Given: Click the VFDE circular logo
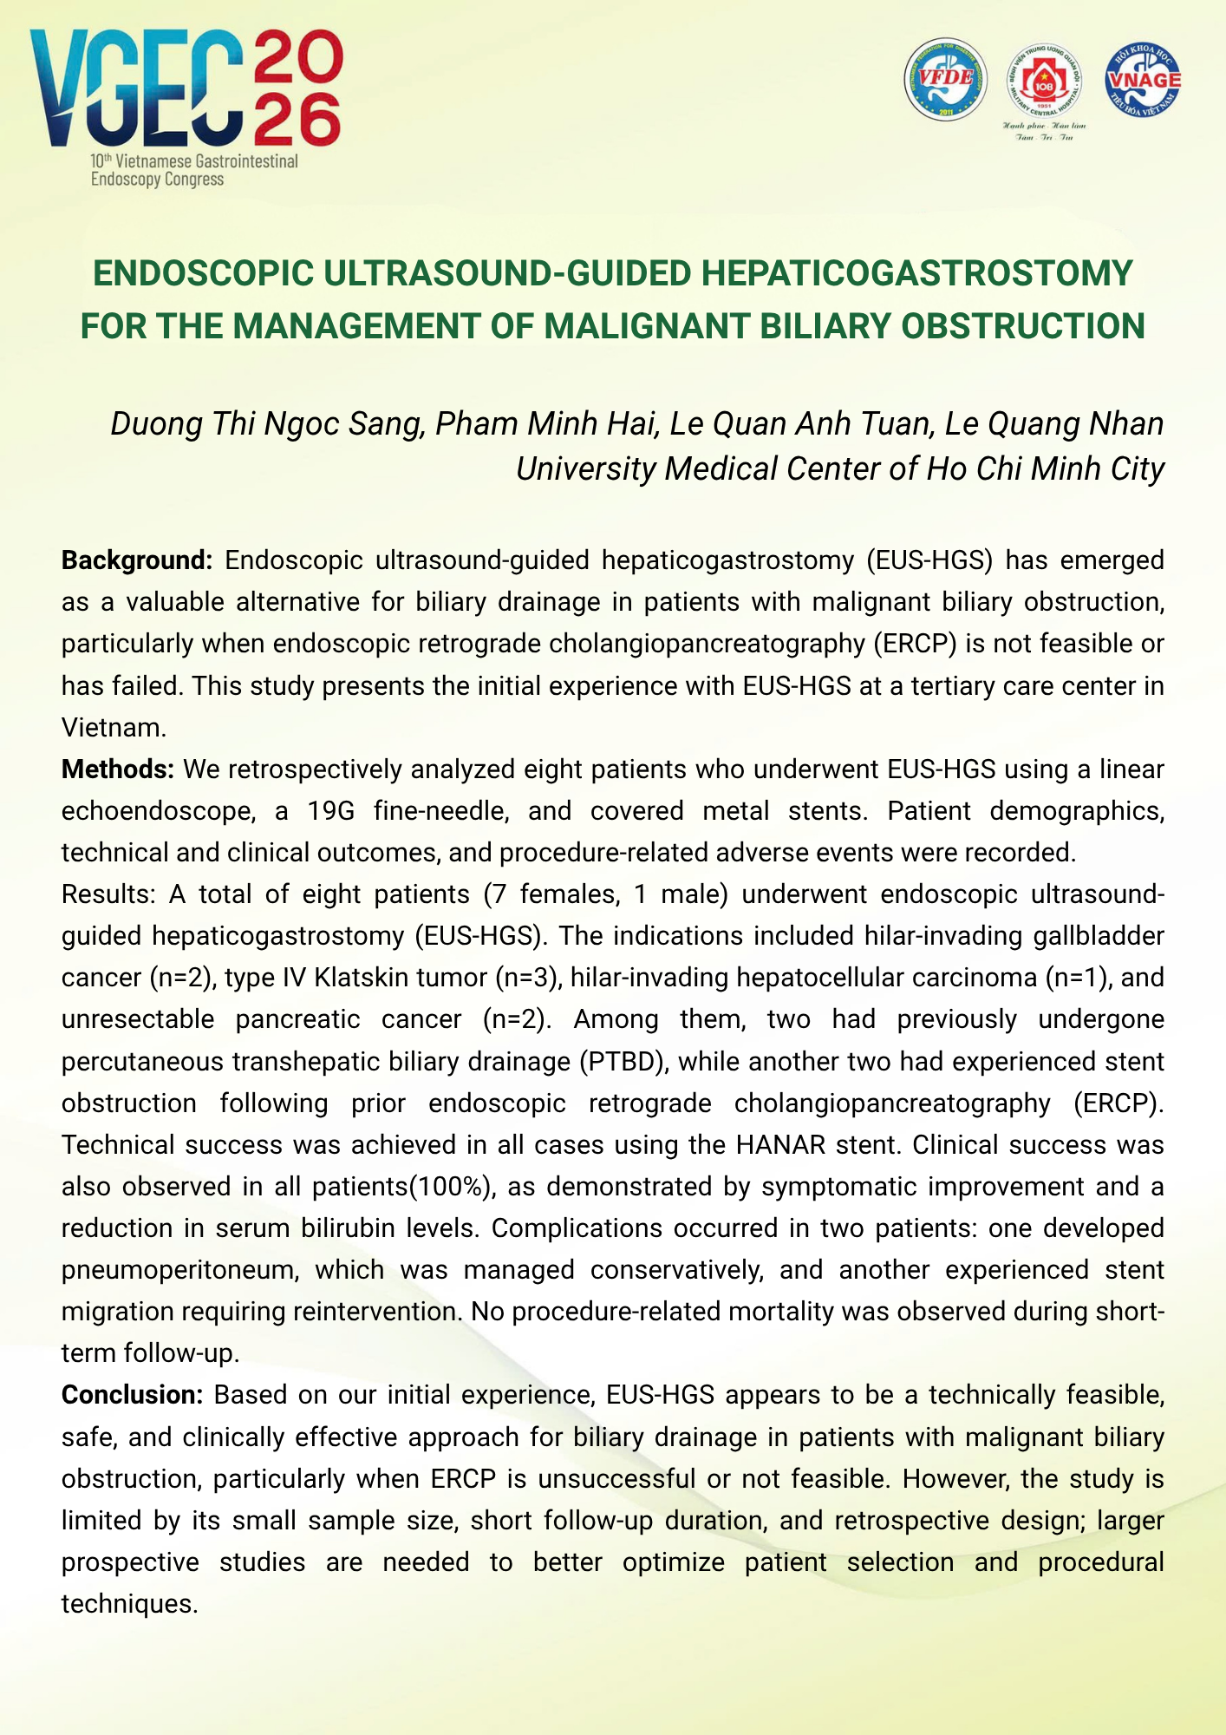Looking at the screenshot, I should coord(945,79).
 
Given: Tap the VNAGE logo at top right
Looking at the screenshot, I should coord(1142,79).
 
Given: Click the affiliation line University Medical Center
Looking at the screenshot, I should coord(839,468).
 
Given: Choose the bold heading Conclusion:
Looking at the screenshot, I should coord(132,1395).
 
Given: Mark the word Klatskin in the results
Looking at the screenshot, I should coord(374,978).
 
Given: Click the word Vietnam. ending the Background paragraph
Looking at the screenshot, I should coord(114,727).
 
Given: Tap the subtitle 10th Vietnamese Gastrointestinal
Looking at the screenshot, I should coord(193,161).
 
